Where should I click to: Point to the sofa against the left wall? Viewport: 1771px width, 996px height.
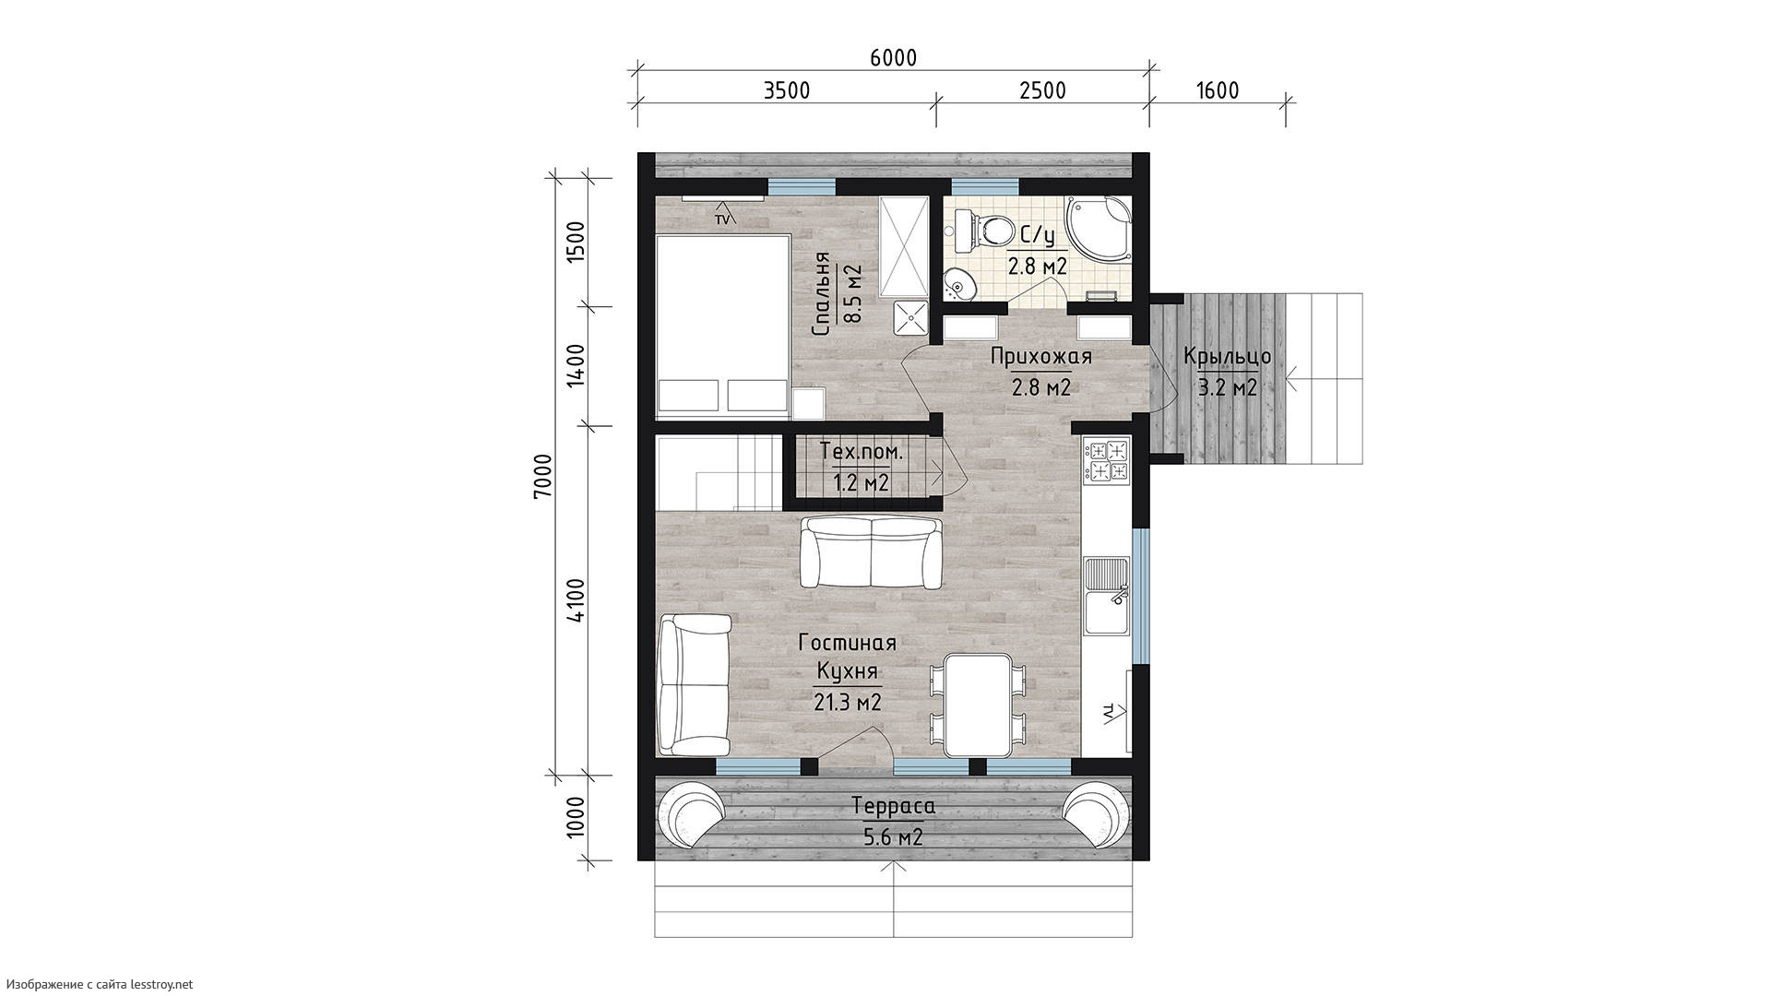[695, 684]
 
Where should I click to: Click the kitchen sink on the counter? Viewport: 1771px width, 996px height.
[1106, 596]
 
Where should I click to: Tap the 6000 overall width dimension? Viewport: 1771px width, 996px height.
[893, 58]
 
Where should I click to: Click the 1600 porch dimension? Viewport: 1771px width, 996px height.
[1217, 90]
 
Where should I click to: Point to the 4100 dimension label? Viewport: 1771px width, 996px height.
[576, 601]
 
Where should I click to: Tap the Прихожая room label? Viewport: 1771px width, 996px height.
[1041, 357]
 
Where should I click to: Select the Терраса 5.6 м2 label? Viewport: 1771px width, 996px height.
[893, 821]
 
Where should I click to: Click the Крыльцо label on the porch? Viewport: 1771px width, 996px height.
[1228, 356]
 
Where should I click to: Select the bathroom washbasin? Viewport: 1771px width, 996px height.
[959, 284]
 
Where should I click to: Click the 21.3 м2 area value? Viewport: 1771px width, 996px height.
[848, 703]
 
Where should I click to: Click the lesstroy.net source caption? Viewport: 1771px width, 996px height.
[97, 985]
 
